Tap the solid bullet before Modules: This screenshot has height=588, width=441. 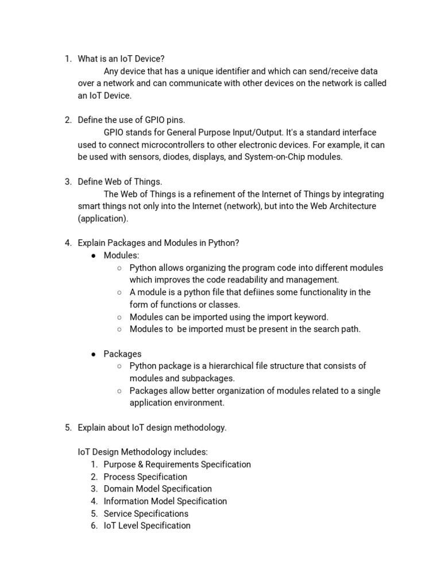[x=92, y=256]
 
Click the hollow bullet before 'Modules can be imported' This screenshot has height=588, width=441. [x=119, y=317]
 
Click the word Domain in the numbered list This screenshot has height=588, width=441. [x=118, y=489]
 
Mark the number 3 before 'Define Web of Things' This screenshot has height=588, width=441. [x=67, y=182]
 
